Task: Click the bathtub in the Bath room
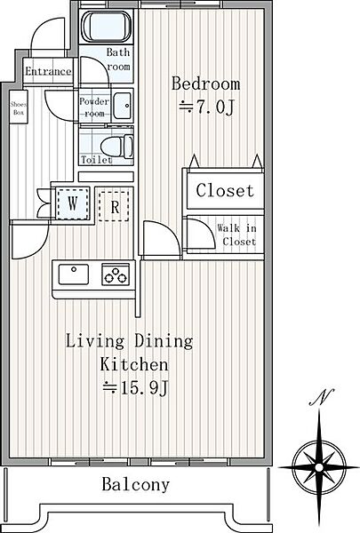[x=106, y=27]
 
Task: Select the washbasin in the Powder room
[x=122, y=106]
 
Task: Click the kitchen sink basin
[x=74, y=274]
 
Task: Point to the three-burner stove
[x=116, y=274]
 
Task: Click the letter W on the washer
[x=72, y=203]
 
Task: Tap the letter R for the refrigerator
[x=115, y=207]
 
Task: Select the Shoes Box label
[x=19, y=107]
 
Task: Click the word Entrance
[x=48, y=71]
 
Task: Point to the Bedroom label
[x=205, y=84]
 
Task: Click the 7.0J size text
[x=206, y=107]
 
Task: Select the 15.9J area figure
[x=135, y=387]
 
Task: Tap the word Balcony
[x=135, y=484]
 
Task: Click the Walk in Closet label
[x=237, y=235]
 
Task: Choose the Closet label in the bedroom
[x=225, y=190]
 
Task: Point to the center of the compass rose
[x=319, y=467]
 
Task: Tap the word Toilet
[x=97, y=160]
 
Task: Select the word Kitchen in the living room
[x=134, y=364]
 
